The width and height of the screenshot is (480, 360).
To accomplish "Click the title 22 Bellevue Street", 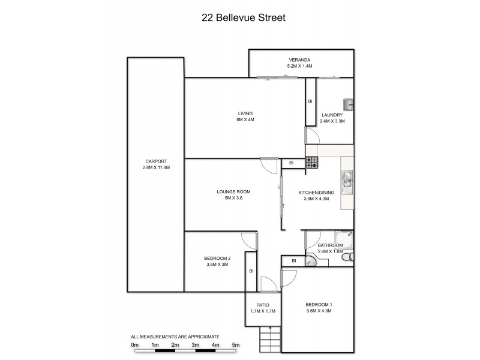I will click(x=243, y=17).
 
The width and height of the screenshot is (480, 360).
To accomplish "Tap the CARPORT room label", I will click(x=155, y=161).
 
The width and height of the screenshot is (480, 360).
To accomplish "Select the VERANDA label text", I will click(x=300, y=59).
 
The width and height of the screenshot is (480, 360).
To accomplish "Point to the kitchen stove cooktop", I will click(x=311, y=161).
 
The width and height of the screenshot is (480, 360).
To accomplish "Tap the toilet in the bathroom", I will click(x=352, y=256).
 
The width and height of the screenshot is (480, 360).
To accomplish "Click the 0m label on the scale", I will click(x=134, y=345).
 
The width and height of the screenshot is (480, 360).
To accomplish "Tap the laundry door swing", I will click(x=312, y=135).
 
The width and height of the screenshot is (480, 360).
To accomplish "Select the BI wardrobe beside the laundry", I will click(x=310, y=101).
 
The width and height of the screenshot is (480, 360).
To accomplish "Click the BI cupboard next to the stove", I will click(x=292, y=163).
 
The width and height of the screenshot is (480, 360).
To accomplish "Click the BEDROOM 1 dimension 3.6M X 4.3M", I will click(x=319, y=311).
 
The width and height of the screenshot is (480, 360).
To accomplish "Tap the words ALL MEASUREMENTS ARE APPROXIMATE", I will click(x=175, y=337).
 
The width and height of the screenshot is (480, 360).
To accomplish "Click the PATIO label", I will click(x=262, y=305).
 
